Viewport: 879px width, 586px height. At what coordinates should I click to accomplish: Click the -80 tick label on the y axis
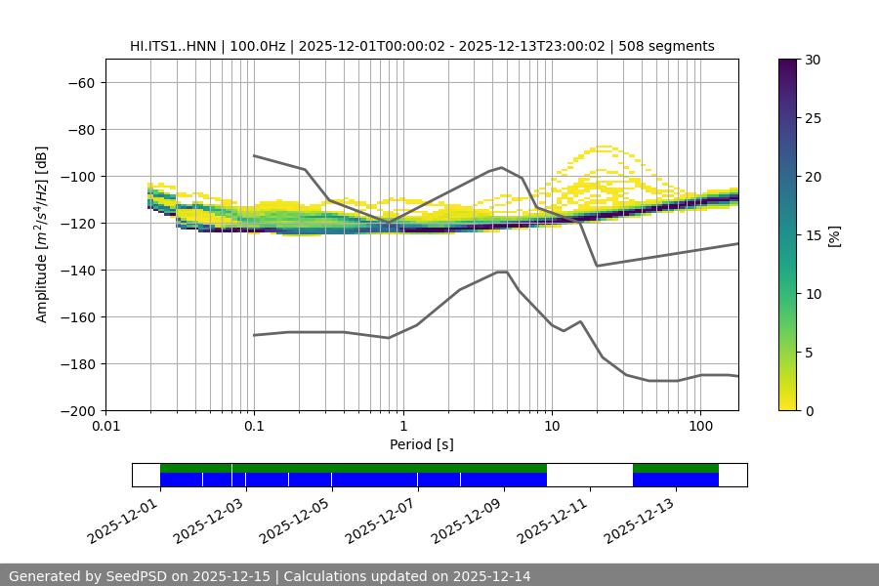[80, 129]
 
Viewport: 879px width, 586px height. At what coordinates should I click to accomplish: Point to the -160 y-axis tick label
[76, 316]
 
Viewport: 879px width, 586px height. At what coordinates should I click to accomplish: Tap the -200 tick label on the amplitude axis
[76, 410]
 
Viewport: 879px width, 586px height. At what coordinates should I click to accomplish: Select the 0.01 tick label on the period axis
[105, 427]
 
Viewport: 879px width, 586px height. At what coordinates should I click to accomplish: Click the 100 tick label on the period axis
[700, 427]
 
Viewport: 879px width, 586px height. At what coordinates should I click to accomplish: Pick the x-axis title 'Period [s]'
[421, 444]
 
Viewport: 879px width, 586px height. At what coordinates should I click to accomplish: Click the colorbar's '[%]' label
[834, 235]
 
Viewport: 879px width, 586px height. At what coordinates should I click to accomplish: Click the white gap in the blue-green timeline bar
[589, 475]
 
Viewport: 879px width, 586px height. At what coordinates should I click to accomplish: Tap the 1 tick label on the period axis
[402, 427]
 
